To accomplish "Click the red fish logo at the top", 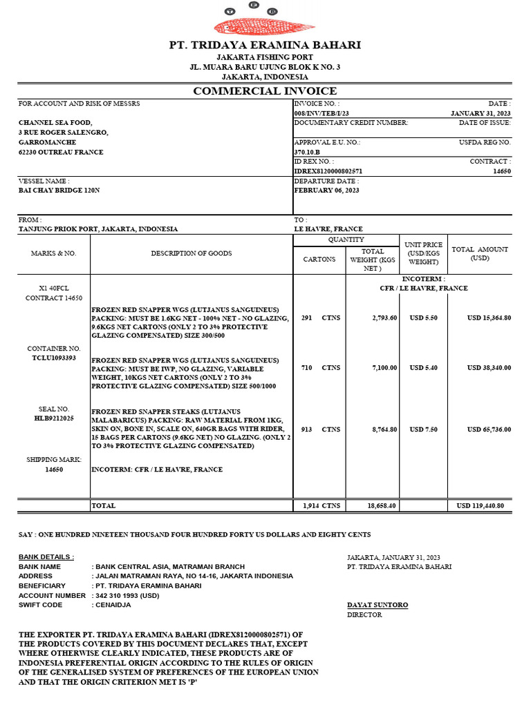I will (x=265, y=27).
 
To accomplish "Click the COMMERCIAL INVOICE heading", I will (x=265, y=91).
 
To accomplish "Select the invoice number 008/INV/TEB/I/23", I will (x=322, y=113).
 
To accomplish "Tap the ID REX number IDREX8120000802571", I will (x=328, y=171).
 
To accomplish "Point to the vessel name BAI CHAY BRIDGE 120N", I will (x=59, y=190).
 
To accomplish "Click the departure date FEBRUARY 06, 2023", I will (x=326, y=190).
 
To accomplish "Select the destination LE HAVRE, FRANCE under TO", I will (x=328, y=229).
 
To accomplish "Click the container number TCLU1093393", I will (x=54, y=358).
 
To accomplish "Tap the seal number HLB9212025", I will (x=54, y=418).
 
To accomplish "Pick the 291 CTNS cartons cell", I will (x=320, y=318).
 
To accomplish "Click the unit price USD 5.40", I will (x=423, y=368).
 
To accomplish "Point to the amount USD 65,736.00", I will (x=489, y=429).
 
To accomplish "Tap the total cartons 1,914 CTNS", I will (x=322, y=506).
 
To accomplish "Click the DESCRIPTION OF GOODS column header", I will (x=192, y=253).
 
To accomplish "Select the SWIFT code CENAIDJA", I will (x=111, y=605).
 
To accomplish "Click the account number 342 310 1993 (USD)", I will (x=127, y=595).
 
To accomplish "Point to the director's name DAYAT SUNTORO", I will (x=377, y=605).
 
